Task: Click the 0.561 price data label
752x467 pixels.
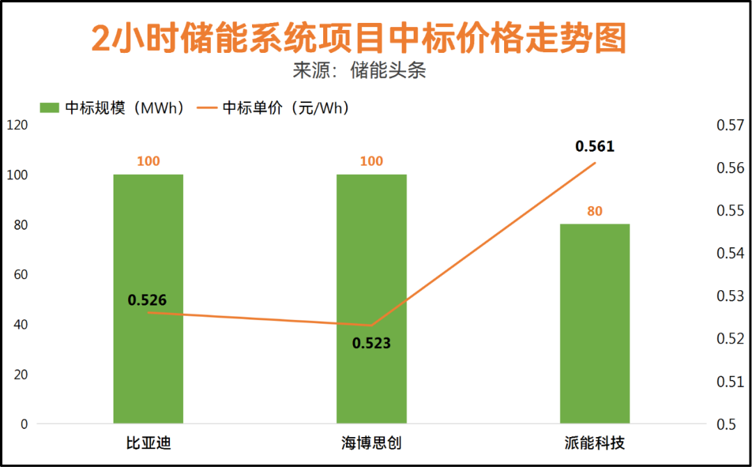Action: pos(595,146)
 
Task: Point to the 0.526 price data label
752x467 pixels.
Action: pos(147,301)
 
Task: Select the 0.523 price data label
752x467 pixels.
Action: pos(371,343)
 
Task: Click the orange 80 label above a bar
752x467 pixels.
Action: pos(595,212)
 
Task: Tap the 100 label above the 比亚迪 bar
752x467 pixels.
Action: pos(148,161)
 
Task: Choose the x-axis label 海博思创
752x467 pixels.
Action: pos(371,443)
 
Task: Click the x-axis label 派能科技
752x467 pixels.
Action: pos(595,443)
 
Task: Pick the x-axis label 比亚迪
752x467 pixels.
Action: pos(148,443)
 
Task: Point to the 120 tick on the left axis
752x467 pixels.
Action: pos(17,125)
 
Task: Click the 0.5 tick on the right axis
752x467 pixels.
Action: pos(726,424)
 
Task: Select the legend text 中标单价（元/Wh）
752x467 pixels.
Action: pos(285,108)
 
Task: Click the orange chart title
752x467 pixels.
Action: pos(359,38)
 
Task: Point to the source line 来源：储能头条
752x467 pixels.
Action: pos(359,71)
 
